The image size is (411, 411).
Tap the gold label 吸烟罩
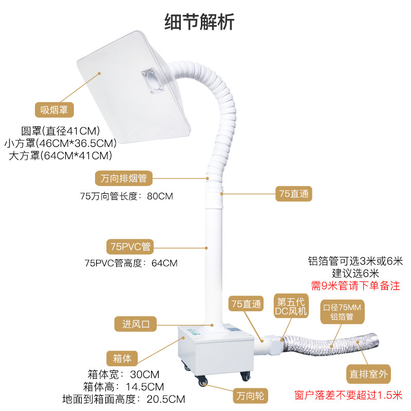click(54, 109)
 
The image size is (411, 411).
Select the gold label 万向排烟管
click(124, 179)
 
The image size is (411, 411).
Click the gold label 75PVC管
click(129, 246)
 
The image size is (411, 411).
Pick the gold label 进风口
click(135, 324)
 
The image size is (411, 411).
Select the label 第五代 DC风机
click(292, 307)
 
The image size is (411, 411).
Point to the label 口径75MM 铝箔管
click(342, 312)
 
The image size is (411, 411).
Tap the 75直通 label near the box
click(247, 303)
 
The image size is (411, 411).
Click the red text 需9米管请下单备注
click(356, 285)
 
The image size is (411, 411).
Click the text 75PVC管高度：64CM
click(131, 263)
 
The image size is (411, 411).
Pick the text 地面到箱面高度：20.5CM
click(124, 399)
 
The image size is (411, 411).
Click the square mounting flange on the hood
click(153, 82)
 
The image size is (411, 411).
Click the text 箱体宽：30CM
click(123, 373)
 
